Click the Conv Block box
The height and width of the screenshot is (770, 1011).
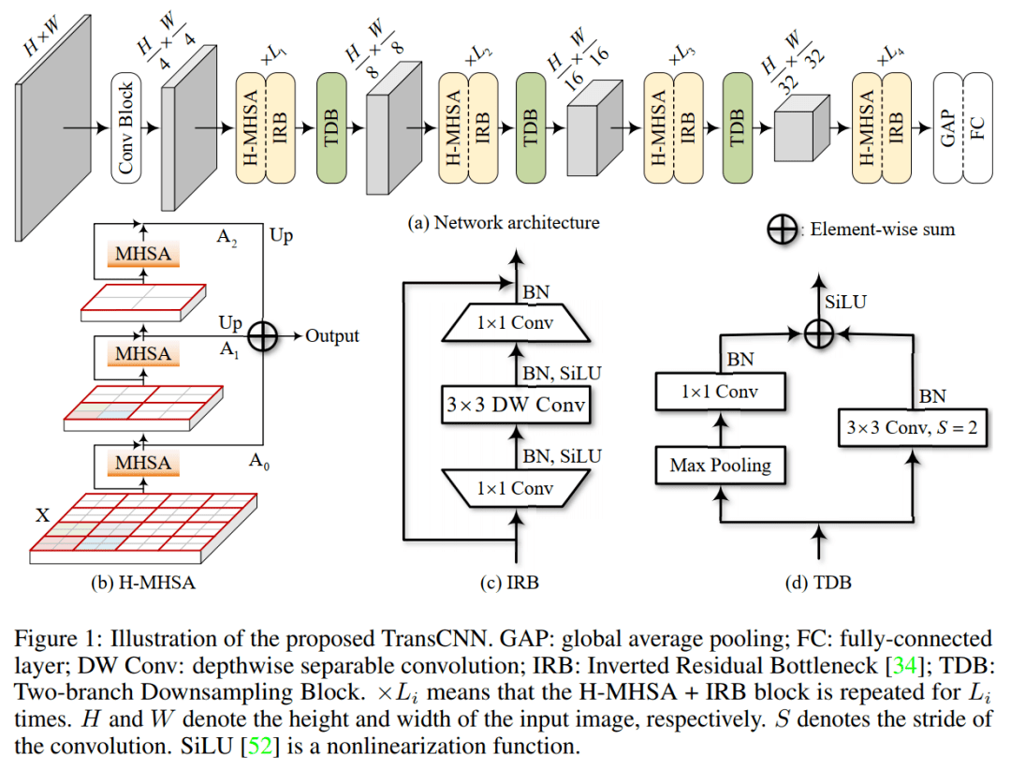(125, 128)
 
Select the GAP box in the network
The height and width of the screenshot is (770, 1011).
(949, 128)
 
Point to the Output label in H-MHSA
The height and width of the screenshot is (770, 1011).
(332, 336)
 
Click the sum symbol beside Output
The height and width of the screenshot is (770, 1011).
(263, 336)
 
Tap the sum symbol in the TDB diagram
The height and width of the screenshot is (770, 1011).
(819, 330)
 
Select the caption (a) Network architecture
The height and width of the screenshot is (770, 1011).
(504, 223)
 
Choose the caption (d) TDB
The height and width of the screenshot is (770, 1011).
(819, 582)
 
